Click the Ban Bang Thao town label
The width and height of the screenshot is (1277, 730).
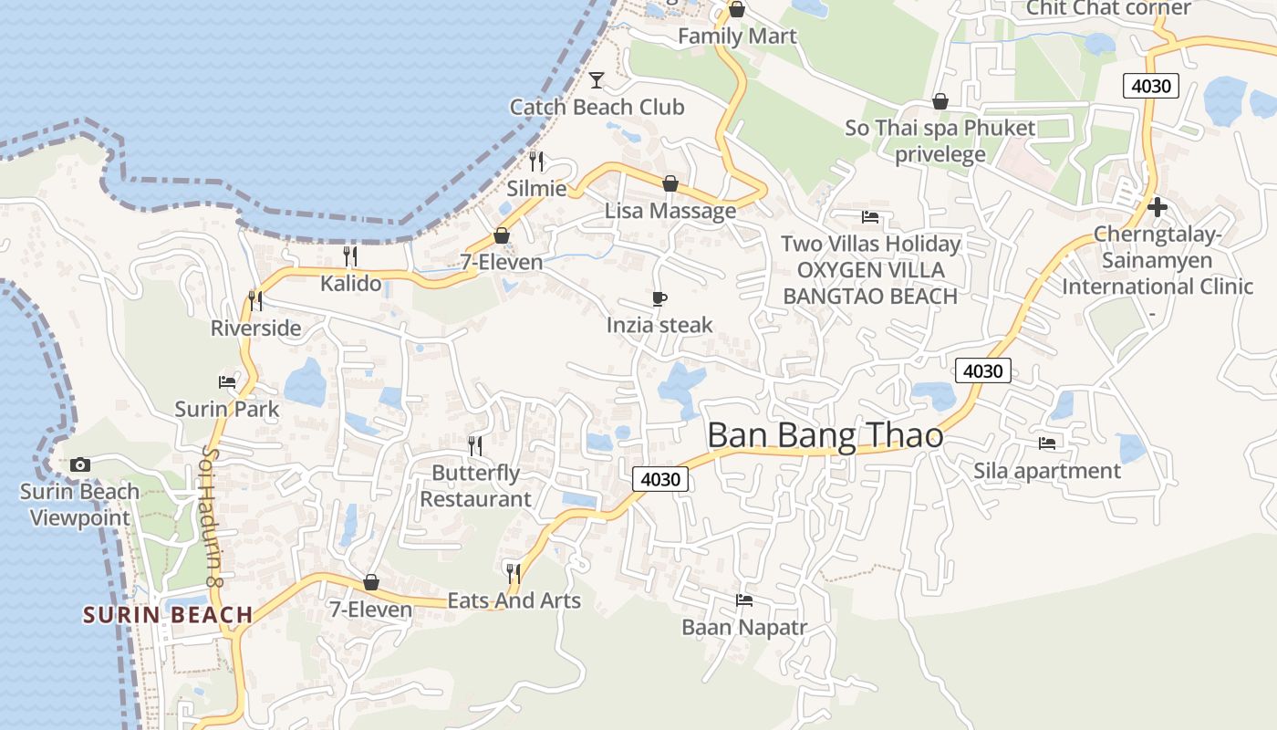click(x=825, y=435)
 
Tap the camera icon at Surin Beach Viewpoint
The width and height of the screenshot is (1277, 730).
click(x=80, y=465)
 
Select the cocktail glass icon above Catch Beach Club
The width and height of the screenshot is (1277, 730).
click(x=597, y=80)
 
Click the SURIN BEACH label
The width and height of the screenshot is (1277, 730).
click(x=168, y=614)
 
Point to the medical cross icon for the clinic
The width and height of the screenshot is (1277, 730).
click(x=1158, y=207)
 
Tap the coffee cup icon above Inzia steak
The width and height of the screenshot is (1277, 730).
click(x=659, y=298)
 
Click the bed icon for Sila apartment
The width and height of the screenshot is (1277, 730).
click(x=1047, y=443)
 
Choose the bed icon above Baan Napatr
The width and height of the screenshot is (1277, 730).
click(x=744, y=600)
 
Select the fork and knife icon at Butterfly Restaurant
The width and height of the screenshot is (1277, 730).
click(x=475, y=445)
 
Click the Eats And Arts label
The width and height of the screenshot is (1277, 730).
click(x=514, y=600)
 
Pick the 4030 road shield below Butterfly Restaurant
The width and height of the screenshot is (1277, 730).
click(x=660, y=479)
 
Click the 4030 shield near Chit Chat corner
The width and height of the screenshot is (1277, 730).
click(x=1151, y=87)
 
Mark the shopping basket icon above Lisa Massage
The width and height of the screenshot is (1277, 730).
click(x=670, y=183)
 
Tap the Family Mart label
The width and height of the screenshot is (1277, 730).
click(x=737, y=36)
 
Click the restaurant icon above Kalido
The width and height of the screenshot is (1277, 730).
click(x=350, y=255)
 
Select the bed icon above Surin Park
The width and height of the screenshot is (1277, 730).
click(x=227, y=381)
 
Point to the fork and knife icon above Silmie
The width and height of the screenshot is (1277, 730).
click(x=536, y=161)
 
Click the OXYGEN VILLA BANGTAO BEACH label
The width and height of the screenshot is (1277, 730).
click(x=870, y=283)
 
